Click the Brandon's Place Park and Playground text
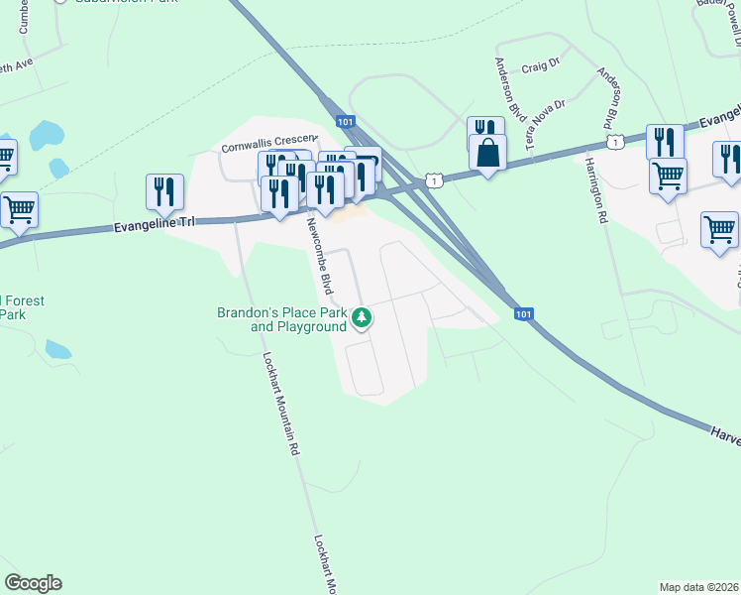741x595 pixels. click(x=282, y=319)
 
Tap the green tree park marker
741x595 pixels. click(x=364, y=317)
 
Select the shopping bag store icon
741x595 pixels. click(x=487, y=153)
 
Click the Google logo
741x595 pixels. click(x=33, y=583)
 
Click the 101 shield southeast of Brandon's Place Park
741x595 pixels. click(x=525, y=314)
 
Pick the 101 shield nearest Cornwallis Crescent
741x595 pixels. click(x=344, y=121)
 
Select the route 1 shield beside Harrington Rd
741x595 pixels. click(x=615, y=144)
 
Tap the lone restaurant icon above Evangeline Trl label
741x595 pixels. click(x=164, y=190)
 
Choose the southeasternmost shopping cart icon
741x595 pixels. click(x=719, y=229)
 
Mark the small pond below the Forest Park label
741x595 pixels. click(x=58, y=349)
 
